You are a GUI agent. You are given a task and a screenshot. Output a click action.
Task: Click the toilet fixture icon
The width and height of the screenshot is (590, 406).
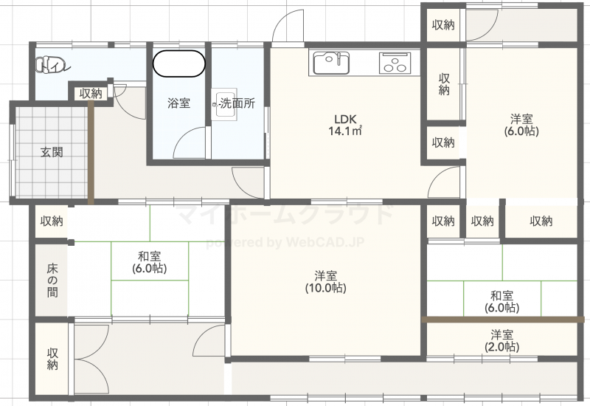click(52, 65)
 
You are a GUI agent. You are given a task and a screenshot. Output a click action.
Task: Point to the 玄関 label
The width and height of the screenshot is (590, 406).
click(52, 153)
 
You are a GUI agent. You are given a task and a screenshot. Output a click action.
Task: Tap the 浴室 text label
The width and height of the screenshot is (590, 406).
click(178, 104)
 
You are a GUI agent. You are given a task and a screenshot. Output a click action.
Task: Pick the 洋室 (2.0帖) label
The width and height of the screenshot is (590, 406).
click(502, 340)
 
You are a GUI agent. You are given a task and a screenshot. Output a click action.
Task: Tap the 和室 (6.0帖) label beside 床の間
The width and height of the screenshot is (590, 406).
click(150, 262)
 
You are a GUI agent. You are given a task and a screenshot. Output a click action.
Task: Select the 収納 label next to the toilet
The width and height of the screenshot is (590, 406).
click(91, 93)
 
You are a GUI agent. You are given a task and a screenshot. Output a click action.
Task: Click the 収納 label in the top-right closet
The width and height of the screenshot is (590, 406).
click(443, 25)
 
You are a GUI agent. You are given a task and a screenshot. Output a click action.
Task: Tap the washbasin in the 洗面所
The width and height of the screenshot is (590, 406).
click(221, 104)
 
